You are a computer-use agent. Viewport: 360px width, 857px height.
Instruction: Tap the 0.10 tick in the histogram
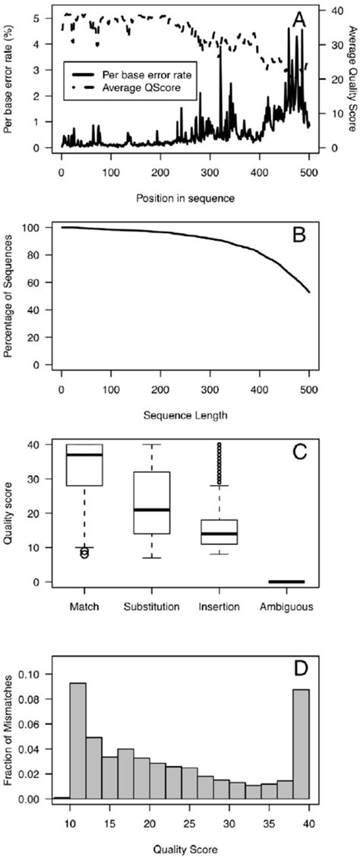coord(31,676)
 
